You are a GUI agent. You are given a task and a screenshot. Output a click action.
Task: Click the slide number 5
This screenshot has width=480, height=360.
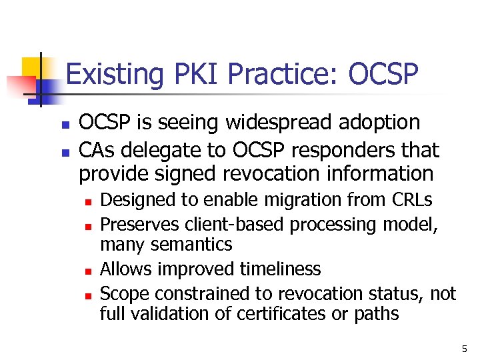click(464, 347)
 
